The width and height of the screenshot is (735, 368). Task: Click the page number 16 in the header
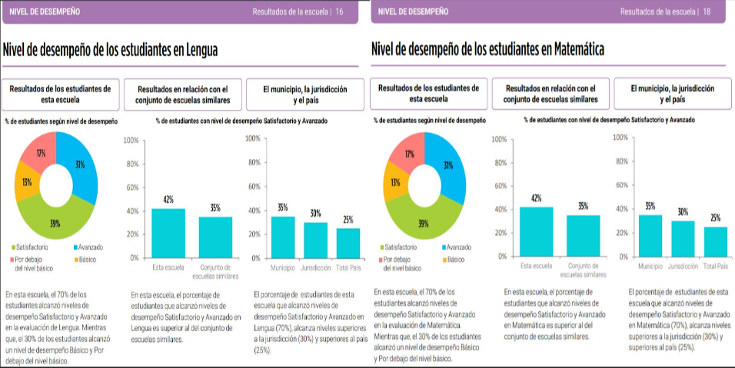pyautogui.click(x=339, y=12)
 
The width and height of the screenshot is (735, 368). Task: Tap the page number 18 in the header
pyautogui.click(x=707, y=12)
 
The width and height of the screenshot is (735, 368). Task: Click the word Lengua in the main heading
pyautogui.click(x=198, y=50)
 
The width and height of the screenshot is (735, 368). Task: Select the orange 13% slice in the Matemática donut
pyautogui.click(x=394, y=183)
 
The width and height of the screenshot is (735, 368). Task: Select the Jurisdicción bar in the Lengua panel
pyautogui.click(x=315, y=240)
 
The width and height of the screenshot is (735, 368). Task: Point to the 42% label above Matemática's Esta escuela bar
pyautogui.click(x=536, y=198)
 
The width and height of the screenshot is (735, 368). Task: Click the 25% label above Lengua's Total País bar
pyautogui.click(x=348, y=220)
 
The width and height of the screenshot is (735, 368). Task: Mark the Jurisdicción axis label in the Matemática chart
pyautogui.click(x=681, y=266)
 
